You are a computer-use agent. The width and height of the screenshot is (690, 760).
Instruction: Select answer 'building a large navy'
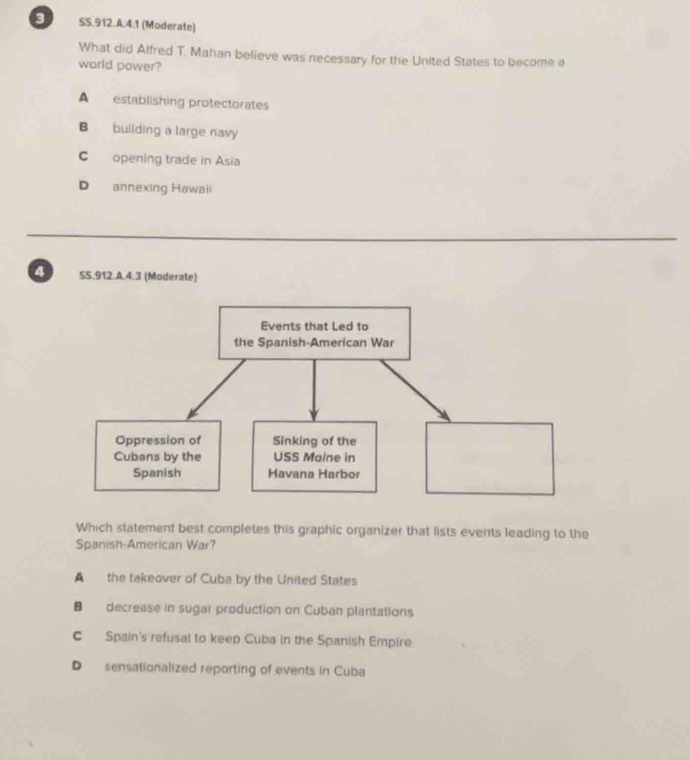pyautogui.click(x=175, y=131)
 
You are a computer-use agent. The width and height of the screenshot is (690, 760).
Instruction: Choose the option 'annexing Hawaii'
pyautogui.click(x=162, y=188)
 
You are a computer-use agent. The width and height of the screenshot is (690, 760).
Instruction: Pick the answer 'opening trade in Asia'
pyautogui.click(x=176, y=160)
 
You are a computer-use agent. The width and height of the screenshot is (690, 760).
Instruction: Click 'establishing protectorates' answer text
pyautogui.click(x=190, y=103)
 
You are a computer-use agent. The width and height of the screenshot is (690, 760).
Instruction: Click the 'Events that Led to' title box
pyautogui.click(x=314, y=334)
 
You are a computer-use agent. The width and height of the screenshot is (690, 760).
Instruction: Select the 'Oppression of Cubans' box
pyautogui.click(x=157, y=456)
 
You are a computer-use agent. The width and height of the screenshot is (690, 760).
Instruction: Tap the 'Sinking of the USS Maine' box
pyautogui.click(x=314, y=457)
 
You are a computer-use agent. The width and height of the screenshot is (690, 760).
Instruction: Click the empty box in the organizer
pyautogui.click(x=490, y=459)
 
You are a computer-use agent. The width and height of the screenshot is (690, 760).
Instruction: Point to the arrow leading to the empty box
pyautogui.click(x=415, y=390)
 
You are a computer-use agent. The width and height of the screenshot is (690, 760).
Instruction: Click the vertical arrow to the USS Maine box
pyautogui.click(x=314, y=390)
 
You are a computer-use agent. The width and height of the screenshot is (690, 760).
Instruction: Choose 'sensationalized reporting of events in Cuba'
pyautogui.click(x=235, y=669)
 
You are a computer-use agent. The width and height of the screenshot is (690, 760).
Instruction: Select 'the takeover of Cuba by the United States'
pyautogui.click(x=232, y=579)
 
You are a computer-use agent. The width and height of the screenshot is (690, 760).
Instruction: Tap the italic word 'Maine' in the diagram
pyautogui.click(x=322, y=458)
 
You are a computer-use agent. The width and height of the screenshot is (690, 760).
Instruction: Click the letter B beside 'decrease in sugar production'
pyautogui.click(x=77, y=607)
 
